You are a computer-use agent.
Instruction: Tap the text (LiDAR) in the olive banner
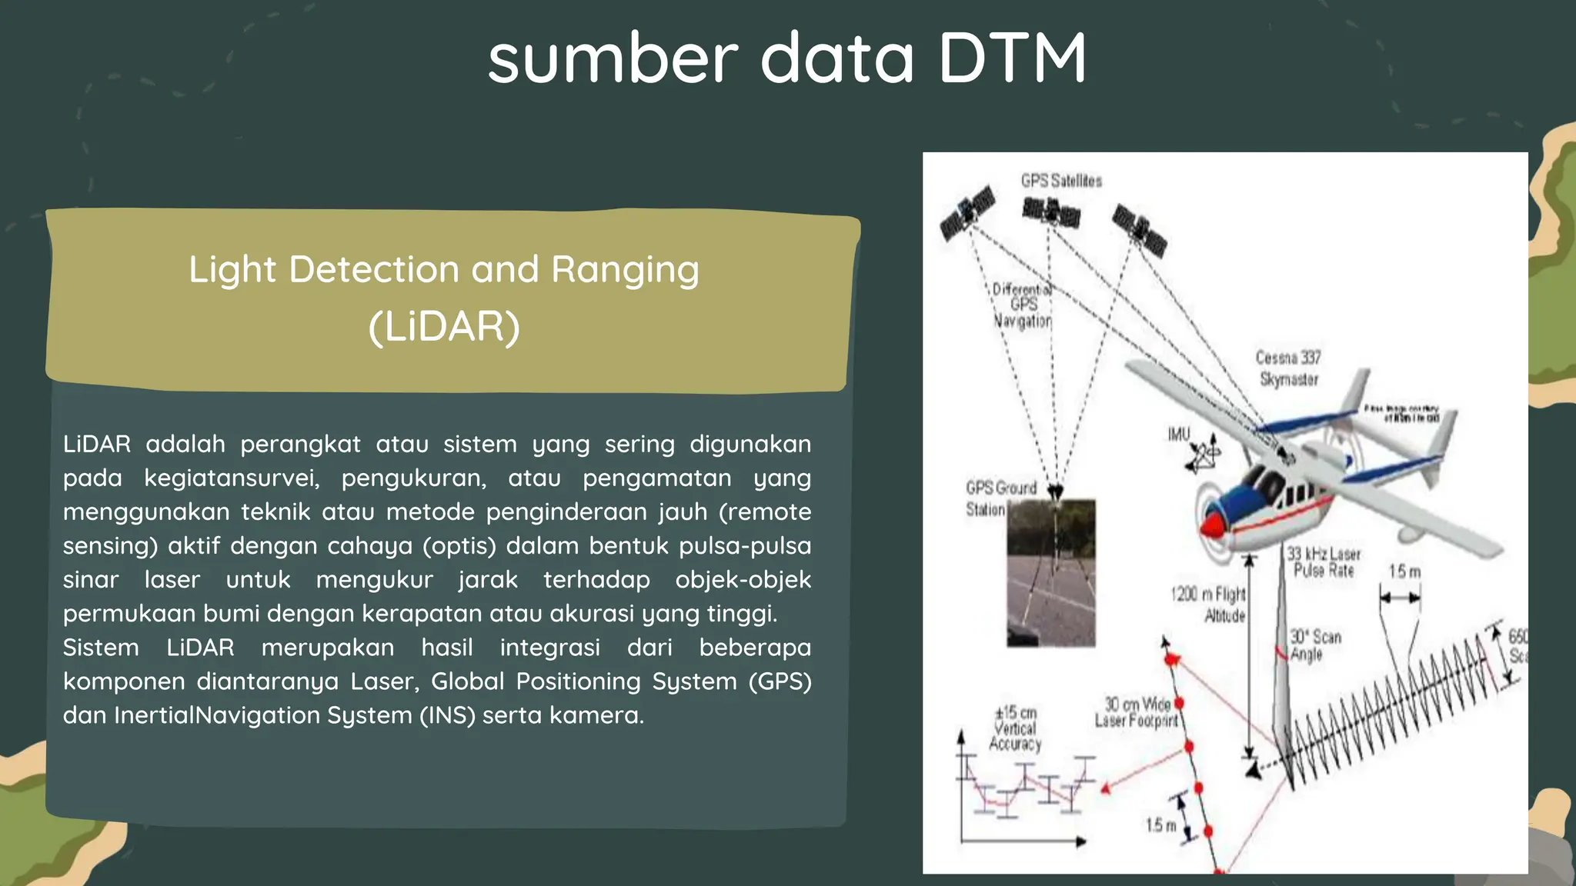(x=444, y=326)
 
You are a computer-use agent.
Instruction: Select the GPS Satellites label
(x=1061, y=181)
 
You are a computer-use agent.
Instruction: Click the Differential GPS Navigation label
(x=1022, y=305)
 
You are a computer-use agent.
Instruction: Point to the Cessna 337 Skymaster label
(x=1288, y=368)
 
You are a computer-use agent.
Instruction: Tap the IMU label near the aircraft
(x=1178, y=435)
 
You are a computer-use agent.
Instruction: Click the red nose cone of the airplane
(x=1211, y=526)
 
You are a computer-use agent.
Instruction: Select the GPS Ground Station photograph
(x=1051, y=573)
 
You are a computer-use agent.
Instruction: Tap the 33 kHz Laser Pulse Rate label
(x=1324, y=562)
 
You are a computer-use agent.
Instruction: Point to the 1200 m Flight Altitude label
(x=1208, y=605)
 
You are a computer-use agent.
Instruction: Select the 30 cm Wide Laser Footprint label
(x=1137, y=712)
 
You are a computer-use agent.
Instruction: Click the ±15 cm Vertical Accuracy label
(x=1015, y=728)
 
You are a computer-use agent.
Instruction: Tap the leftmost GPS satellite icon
(x=967, y=213)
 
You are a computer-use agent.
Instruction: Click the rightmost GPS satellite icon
(x=1140, y=229)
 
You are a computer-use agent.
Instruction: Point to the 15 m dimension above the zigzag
(x=1404, y=571)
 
